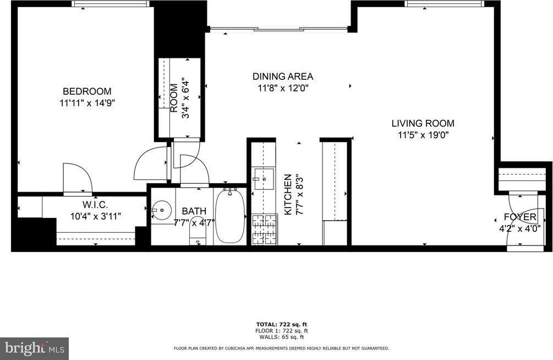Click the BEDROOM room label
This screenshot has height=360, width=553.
[86, 91]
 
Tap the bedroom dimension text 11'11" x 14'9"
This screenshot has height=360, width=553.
[86, 102]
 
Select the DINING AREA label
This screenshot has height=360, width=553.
[282, 77]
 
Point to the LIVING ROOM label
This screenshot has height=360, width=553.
[423, 124]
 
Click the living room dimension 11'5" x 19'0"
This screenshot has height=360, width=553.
[423, 135]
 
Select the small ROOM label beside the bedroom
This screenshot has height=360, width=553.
[174, 98]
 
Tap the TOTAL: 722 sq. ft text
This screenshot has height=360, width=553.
[282, 324]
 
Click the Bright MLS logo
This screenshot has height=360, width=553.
[34, 348]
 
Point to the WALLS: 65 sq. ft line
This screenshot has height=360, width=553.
[282, 336]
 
